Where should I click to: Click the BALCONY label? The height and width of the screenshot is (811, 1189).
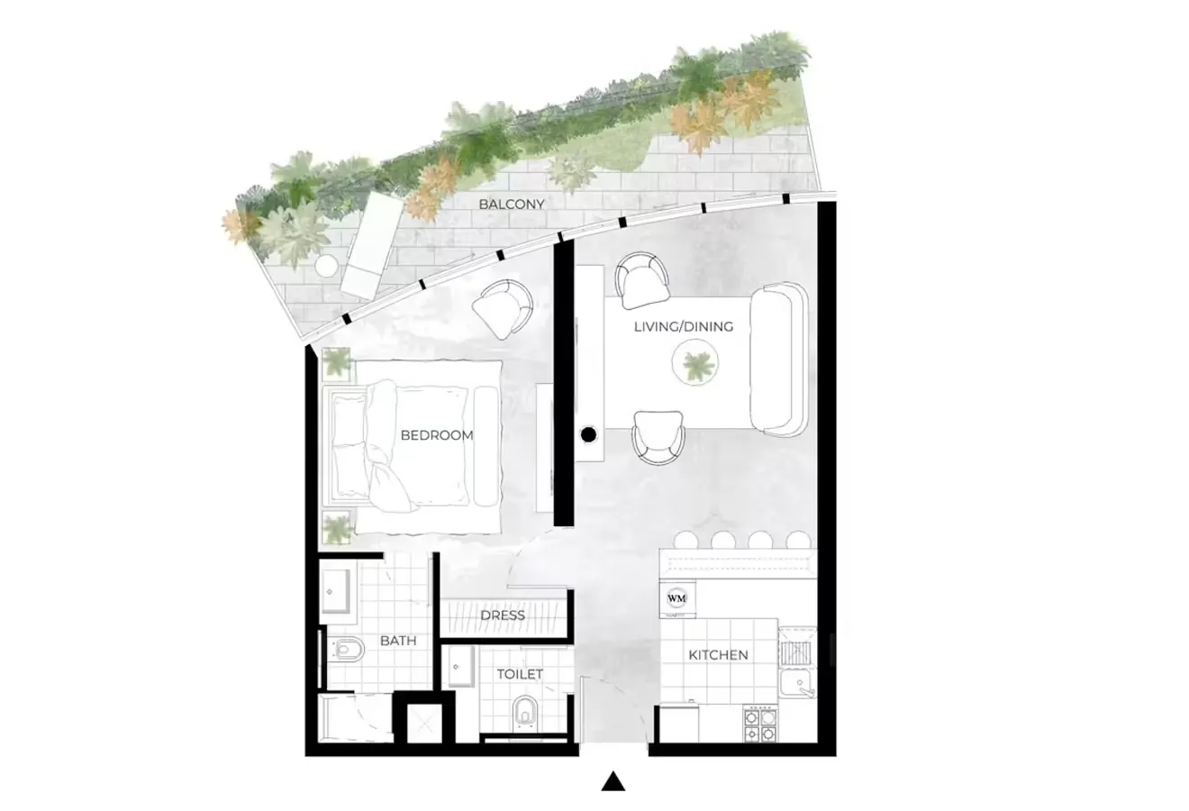[x=511, y=204]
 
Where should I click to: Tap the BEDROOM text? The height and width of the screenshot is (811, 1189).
[x=436, y=435]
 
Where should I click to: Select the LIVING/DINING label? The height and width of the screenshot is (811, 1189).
[x=684, y=326]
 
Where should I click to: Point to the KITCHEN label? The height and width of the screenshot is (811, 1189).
[x=718, y=655]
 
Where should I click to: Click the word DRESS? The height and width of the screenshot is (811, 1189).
[x=502, y=615]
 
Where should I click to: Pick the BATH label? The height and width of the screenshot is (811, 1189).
[x=398, y=641]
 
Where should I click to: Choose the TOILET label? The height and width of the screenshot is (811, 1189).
[x=520, y=675]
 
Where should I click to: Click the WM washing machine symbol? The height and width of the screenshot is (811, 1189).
[x=676, y=598]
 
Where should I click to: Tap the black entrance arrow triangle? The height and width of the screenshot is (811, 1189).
[x=613, y=781]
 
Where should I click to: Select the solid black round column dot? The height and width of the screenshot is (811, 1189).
[x=588, y=435]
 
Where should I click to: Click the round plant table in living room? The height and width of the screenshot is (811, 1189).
[x=694, y=363]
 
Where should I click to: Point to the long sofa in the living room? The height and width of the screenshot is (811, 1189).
[x=778, y=359]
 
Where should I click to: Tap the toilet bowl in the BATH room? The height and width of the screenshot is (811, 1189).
[x=346, y=650]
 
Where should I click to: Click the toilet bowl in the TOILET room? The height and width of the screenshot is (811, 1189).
[x=525, y=712]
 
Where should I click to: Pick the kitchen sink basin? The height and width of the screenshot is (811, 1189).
[x=797, y=684]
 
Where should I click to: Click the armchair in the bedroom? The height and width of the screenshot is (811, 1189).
[x=502, y=310]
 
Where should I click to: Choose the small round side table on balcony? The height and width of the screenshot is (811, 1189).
[x=326, y=265]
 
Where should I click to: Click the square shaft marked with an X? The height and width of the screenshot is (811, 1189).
[x=424, y=724]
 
